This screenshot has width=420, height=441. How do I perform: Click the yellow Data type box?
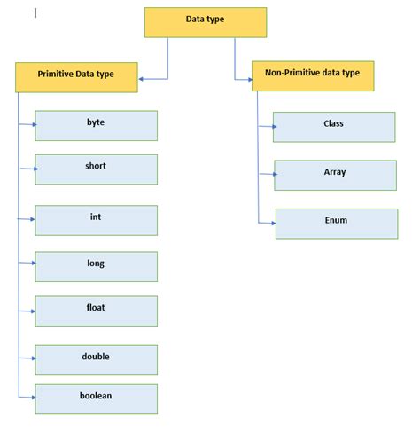(x=206, y=22)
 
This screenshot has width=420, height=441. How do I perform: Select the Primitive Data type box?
(x=76, y=77)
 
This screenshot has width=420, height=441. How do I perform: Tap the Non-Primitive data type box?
(x=313, y=76)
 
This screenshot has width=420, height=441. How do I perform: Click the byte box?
(x=97, y=126)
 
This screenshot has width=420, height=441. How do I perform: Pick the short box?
(x=97, y=169)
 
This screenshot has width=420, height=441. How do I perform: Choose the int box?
(x=97, y=220)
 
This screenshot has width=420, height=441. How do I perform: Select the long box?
(x=97, y=267)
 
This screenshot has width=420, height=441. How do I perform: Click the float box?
(x=97, y=311)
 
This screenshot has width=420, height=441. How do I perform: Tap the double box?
(x=97, y=360)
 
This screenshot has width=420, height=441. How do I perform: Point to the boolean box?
(x=97, y=399)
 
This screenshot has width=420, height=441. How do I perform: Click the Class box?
(x=334, y=127)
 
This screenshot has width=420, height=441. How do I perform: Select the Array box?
(x=336, y=176)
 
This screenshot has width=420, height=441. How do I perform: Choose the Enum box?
(x=337, y=224)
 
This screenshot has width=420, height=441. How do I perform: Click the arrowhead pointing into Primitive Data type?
(x=141, y=79)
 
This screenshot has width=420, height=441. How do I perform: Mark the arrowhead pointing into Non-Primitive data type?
(x=250, y=80)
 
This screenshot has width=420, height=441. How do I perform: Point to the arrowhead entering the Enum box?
(x=274, y=224)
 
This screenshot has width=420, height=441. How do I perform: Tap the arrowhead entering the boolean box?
(x=34, y=398)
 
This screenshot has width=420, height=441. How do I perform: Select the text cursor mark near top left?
(x=35, y=13)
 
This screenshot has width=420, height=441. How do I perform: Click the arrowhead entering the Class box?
(x=275, y=127)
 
